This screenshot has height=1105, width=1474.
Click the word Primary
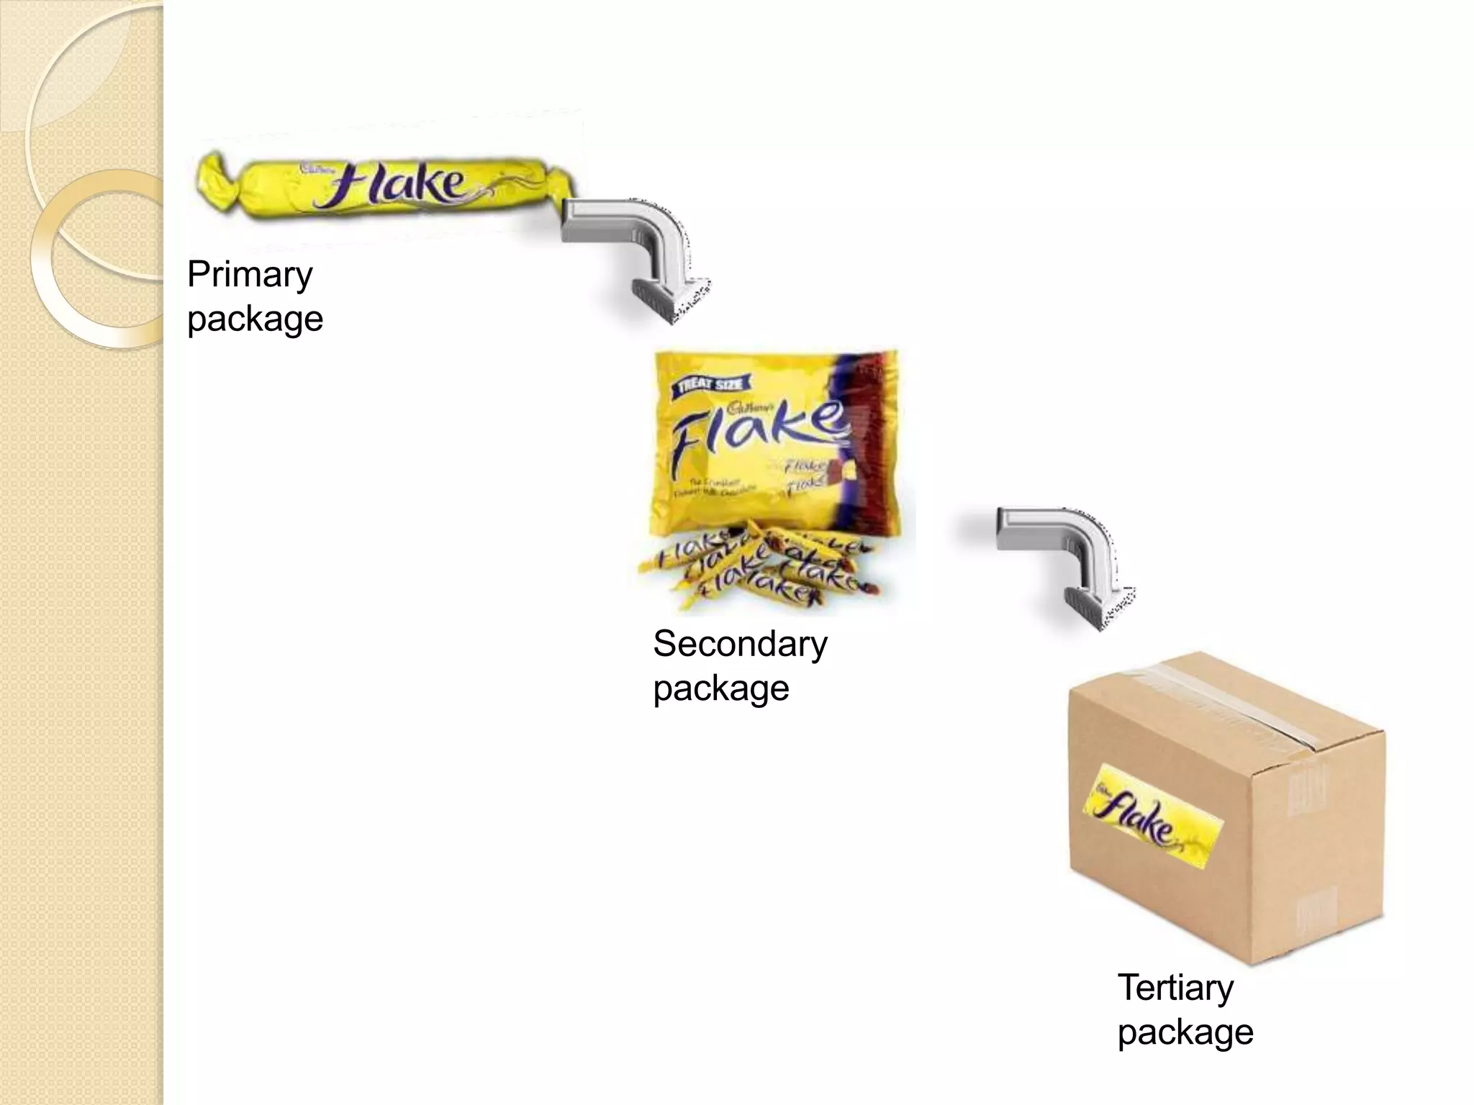pos(250,276)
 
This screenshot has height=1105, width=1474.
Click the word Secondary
pos(740,644)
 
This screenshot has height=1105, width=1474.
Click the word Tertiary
pos(1175,988)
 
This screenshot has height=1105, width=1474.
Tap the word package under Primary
pos(255,319)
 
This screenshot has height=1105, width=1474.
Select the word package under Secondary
pos(721,688)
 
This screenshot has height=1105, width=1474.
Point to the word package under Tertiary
pos(1185,1032)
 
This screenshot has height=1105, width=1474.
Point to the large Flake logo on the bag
pos(756,432)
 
